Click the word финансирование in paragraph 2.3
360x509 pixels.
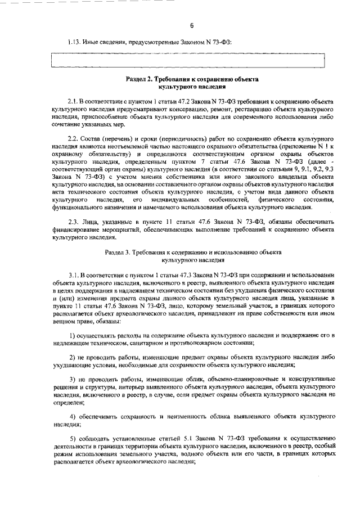73,231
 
